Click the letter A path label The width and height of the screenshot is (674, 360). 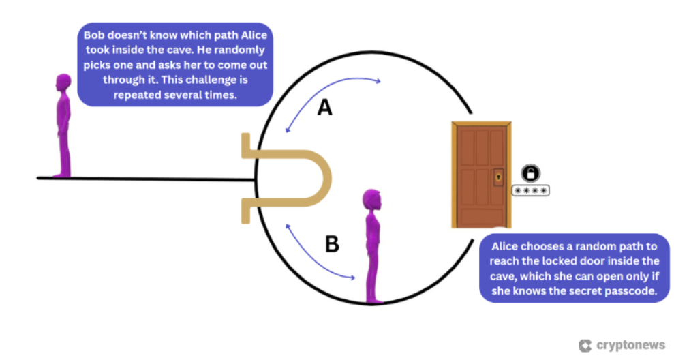(x=325, y=107)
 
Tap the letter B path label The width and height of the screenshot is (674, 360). (x=332, y=244)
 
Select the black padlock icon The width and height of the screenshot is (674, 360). (x=530, y=173)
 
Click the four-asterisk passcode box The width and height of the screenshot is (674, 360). (x=530, y=190)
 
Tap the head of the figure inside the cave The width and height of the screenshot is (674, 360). (x=372, y=200)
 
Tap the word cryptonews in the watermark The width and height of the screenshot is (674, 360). (x=630, y=345)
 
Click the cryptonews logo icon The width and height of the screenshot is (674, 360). (x=585, y=346)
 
